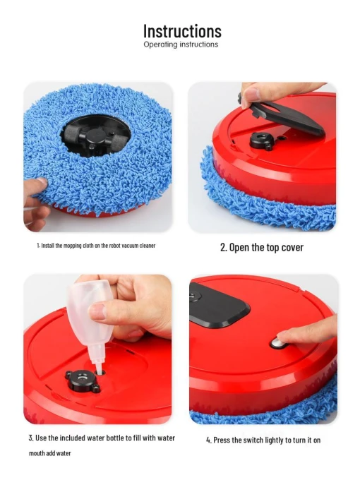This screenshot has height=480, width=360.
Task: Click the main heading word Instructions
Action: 182,31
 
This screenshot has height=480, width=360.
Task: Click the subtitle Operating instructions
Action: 181,44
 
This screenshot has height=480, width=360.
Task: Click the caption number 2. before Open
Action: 223,248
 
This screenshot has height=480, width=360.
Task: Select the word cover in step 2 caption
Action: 289,248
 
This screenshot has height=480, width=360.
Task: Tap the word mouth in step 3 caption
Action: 38,453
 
